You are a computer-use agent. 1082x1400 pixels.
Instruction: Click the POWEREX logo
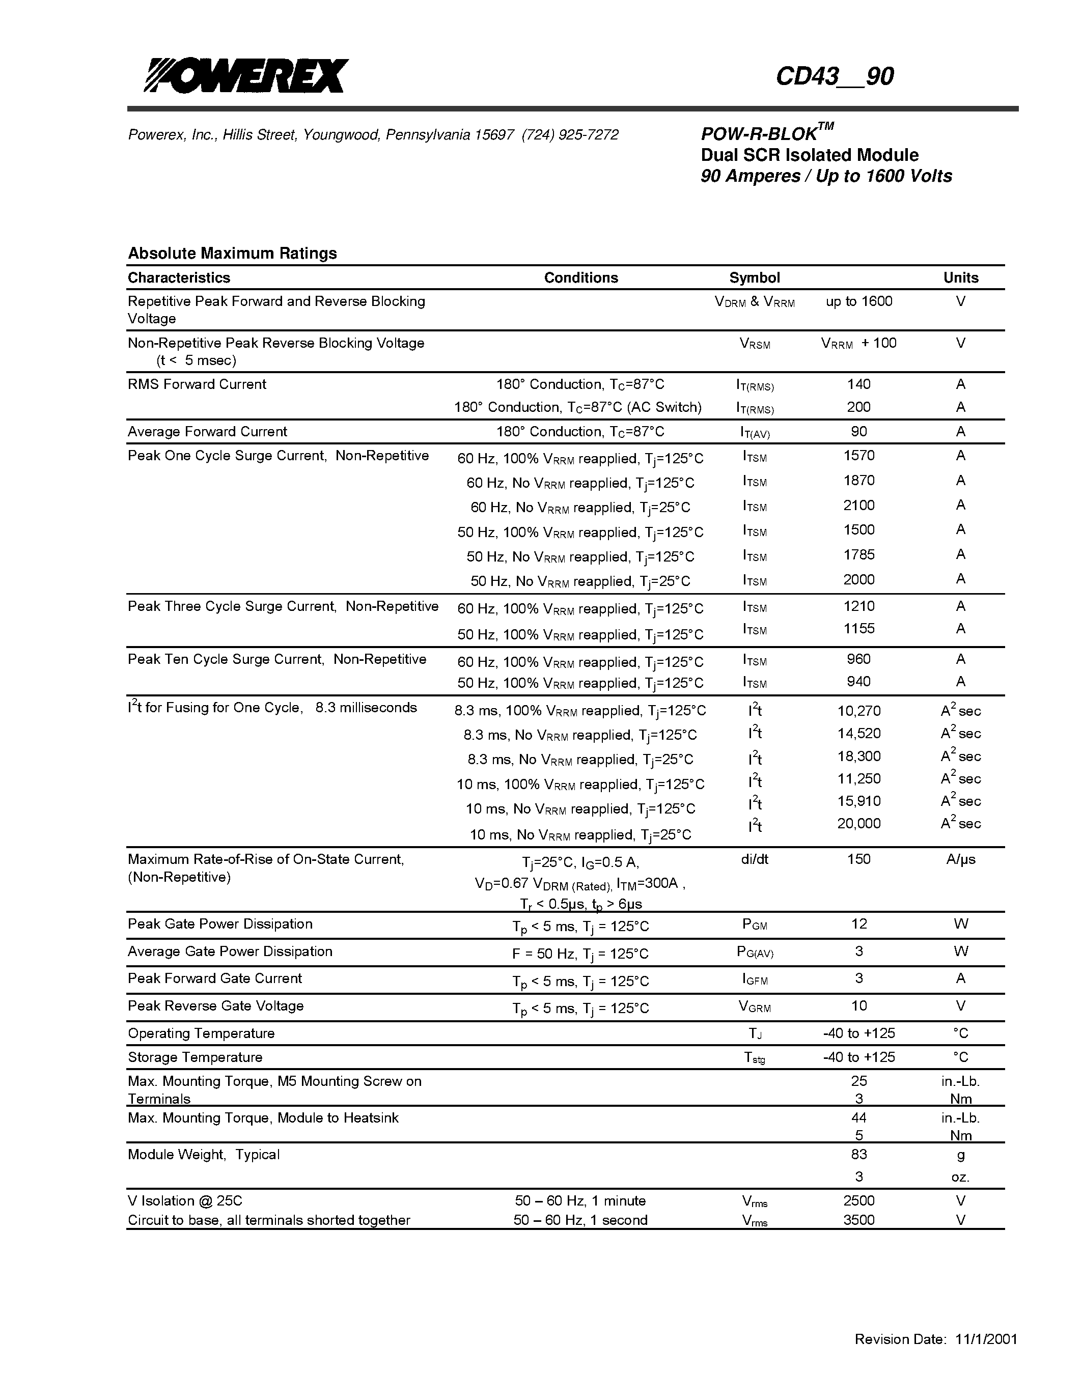click(245, 76)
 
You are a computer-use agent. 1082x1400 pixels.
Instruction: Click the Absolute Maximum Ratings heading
click(232, 253)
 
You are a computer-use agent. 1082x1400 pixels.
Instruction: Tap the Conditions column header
click(581, 277)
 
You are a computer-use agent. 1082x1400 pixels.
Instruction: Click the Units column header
click(960, 277)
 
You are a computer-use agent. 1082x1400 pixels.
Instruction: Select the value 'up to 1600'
click(859, 301)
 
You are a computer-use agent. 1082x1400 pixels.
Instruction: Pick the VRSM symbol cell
click(755, 344)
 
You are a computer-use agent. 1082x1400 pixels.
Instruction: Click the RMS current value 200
click(858, 407)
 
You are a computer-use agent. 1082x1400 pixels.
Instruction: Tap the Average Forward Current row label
click(207, 431)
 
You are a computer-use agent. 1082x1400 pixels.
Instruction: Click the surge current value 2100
click(858, 505)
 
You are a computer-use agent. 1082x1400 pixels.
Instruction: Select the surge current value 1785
click(858, 554)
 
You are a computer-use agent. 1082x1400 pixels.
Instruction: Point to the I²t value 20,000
click(858, 824)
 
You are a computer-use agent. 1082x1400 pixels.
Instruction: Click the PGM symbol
click(755, 925)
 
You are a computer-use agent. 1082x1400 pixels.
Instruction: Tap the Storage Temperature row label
click(195, 1057)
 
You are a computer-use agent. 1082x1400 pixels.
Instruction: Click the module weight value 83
click(858, 1155)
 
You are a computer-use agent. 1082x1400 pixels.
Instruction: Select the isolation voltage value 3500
click(858, 1220)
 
